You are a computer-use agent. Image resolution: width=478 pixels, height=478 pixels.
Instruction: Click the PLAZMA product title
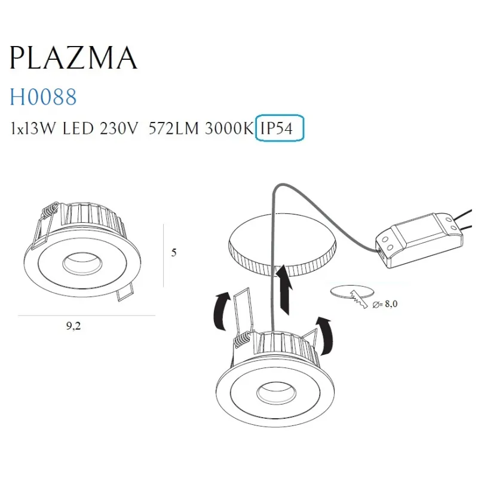(73, 58)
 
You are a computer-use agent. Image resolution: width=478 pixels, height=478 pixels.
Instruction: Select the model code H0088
(43, 96)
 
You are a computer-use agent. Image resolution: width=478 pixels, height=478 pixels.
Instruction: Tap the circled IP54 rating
(280, 128)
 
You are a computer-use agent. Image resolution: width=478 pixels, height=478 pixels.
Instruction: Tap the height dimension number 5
(174, 253)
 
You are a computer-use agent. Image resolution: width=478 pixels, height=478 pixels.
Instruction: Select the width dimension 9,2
(75, 326)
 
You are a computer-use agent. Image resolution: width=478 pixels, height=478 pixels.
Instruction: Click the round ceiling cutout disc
(281, 244)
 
